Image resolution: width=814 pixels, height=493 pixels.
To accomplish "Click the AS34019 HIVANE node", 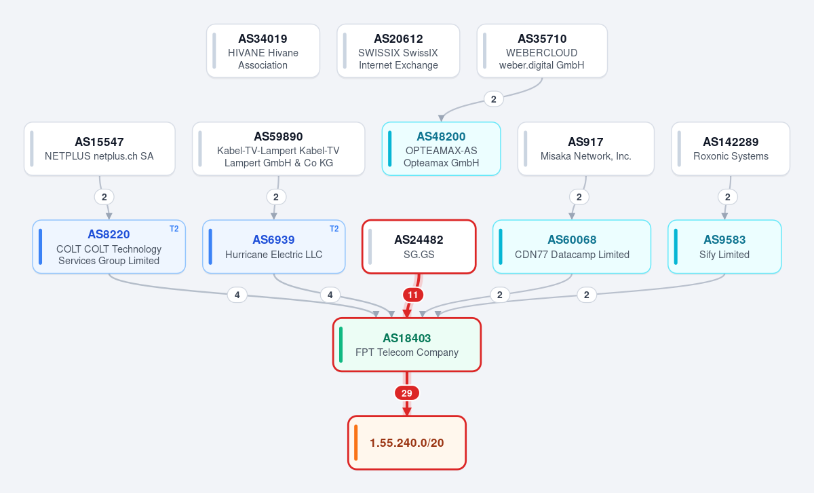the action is [263, 51].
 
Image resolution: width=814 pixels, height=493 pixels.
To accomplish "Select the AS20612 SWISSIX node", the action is [398, 51].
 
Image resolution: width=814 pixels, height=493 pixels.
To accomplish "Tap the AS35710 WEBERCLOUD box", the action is [542, 51].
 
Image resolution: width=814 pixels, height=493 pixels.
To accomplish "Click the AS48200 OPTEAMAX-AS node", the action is [441, 149].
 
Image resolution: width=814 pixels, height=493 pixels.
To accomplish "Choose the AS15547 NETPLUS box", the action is [100, 149].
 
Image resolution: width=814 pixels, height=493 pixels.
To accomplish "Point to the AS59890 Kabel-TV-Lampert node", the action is [278, 149].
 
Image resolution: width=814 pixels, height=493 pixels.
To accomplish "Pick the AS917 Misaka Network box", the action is [586, 149].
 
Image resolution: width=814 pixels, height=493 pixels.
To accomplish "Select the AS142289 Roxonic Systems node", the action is [731, 149].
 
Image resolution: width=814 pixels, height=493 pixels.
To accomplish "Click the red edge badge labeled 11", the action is [413, 295].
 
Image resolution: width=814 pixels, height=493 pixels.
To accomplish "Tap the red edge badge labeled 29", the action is [406, 393].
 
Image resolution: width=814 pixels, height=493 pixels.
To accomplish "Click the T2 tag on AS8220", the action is [174, 229].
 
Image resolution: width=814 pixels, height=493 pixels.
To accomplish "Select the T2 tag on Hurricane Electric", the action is [334, 229].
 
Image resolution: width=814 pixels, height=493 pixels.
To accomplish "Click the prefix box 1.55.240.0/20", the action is [406, 443].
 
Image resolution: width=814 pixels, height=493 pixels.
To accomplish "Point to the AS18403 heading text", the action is [406, 338].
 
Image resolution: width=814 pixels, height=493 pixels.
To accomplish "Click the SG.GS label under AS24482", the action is [419, 255].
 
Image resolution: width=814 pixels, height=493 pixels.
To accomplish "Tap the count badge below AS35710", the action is [494, 99].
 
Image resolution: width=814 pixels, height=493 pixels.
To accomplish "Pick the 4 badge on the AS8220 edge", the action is [237, 295].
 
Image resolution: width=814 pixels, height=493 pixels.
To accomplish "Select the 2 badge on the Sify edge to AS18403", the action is [587, 295].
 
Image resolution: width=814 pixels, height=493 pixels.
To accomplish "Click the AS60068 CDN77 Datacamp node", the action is [572, 246].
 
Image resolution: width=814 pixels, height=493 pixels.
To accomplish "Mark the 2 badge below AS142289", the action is [727, 197].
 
